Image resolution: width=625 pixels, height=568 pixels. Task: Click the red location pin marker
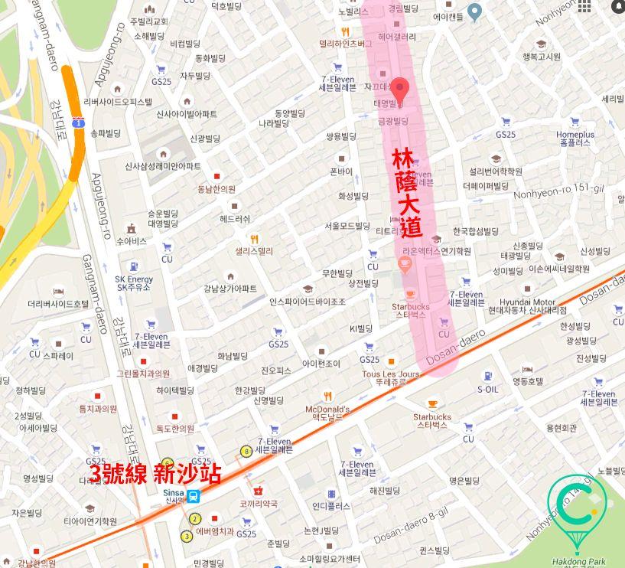(400, 89)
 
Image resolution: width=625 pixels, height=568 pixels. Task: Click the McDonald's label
(327, 414)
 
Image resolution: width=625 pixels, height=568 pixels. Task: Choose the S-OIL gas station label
(487, 389)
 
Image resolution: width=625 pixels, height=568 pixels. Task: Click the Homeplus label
(575, 139)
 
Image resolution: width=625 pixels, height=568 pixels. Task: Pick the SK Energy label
(134, 282)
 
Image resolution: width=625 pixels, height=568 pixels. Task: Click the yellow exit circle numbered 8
(246, 452)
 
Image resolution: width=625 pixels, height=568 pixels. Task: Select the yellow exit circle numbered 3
(187, 536)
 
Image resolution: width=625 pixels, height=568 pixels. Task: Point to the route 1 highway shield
(78, 122)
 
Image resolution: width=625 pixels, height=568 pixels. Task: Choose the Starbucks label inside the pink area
(410, 310)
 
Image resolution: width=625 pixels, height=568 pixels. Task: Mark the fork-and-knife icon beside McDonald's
(327, 396)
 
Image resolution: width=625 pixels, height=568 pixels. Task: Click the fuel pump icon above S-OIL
(487, 376)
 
